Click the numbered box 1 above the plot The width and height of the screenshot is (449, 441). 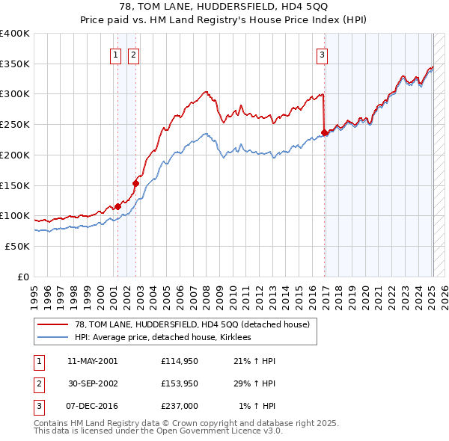point(117,54)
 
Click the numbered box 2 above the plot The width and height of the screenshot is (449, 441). point(132,54)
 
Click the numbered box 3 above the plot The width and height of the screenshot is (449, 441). point(322,54)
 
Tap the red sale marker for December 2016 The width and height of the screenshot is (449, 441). point(324,133)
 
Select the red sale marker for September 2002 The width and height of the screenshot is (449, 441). point(136,182)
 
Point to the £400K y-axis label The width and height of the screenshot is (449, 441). point(14,34)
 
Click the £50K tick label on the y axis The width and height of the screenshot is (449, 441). point(17,246)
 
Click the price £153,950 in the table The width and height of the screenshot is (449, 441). point(180,383)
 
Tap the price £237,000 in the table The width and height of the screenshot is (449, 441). point(180,406)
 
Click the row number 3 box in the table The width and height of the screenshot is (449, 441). point(37,406)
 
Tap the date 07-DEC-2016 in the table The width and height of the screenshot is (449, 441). point(92,406)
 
